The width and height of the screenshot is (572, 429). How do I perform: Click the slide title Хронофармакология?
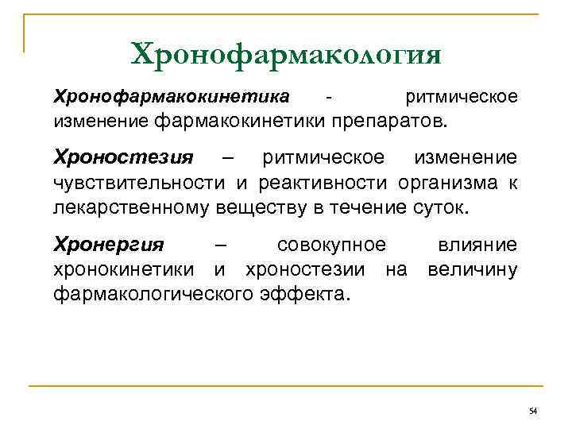(x=286, y=55)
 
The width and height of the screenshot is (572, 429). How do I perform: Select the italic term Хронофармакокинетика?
(x=171, y=98)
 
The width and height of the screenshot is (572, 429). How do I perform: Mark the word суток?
(x=441, y=208)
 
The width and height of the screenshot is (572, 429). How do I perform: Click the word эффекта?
(x=304, y=295)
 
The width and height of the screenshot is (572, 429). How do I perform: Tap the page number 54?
(x=532, y=410)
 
